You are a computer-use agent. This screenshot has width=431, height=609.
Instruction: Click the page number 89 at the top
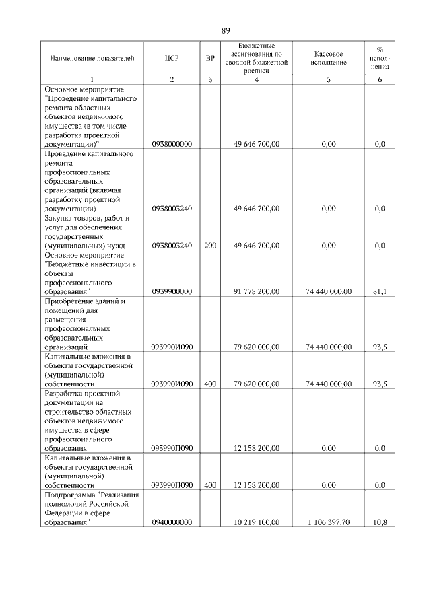[226, 30]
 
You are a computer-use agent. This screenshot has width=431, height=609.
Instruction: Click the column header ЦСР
[172, 59]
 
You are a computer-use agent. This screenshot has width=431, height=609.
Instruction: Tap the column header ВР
[210, 59]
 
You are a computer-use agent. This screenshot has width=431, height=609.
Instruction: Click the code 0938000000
[172, 144]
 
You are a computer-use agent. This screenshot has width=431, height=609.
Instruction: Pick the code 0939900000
[172, 291]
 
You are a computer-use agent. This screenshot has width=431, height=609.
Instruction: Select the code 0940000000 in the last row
[172, 522]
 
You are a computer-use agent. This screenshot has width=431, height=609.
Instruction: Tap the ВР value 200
[210, 246]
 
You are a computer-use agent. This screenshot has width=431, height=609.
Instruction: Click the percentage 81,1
[380, 291]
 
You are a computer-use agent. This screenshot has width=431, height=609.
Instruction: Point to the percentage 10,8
[380, 522]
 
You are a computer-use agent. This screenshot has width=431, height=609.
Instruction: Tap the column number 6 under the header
[380, 80]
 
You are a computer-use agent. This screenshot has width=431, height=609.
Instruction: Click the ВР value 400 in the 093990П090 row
[210, 485]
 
